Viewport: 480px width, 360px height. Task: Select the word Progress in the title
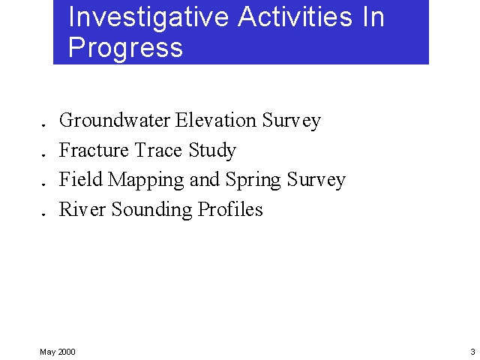coord(125,46)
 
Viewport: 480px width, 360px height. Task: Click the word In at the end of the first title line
coord(373,16)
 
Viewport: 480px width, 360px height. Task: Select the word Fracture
coord(94,150)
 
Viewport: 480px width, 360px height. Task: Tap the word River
coord(82,209)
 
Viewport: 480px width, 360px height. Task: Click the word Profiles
coord(231,209)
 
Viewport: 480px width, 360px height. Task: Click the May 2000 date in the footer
coord(58,352)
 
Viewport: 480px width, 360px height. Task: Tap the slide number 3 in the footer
coord(472,352)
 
